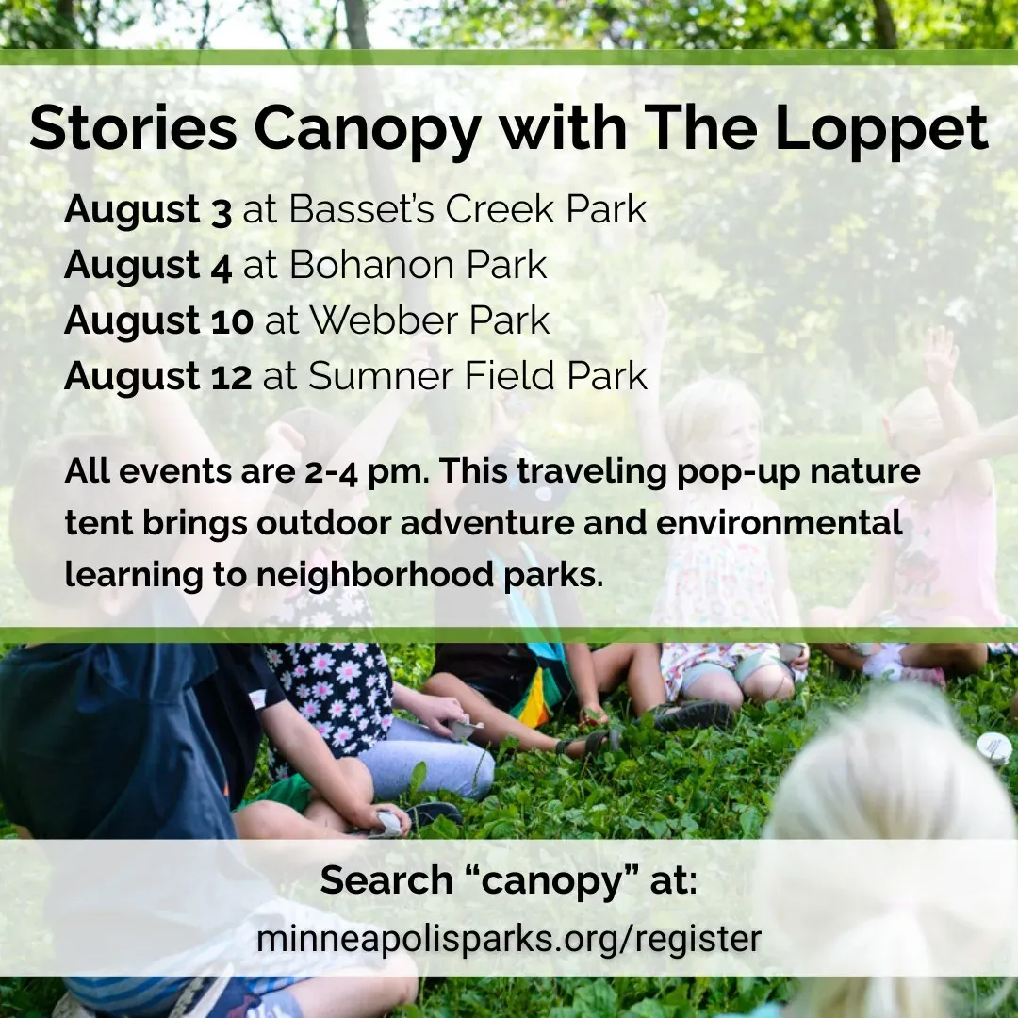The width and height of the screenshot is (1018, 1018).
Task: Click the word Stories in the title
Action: tap(134, 128)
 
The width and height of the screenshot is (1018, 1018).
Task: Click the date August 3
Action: tap(148, 210)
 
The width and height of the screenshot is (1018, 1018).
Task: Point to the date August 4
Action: tap(148, 266)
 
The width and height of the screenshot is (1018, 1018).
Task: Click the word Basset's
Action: tap(361, 209)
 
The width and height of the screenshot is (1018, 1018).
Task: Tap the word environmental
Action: tap(780, 523)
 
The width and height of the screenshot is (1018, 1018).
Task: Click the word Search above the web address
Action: tap(386, 880)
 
